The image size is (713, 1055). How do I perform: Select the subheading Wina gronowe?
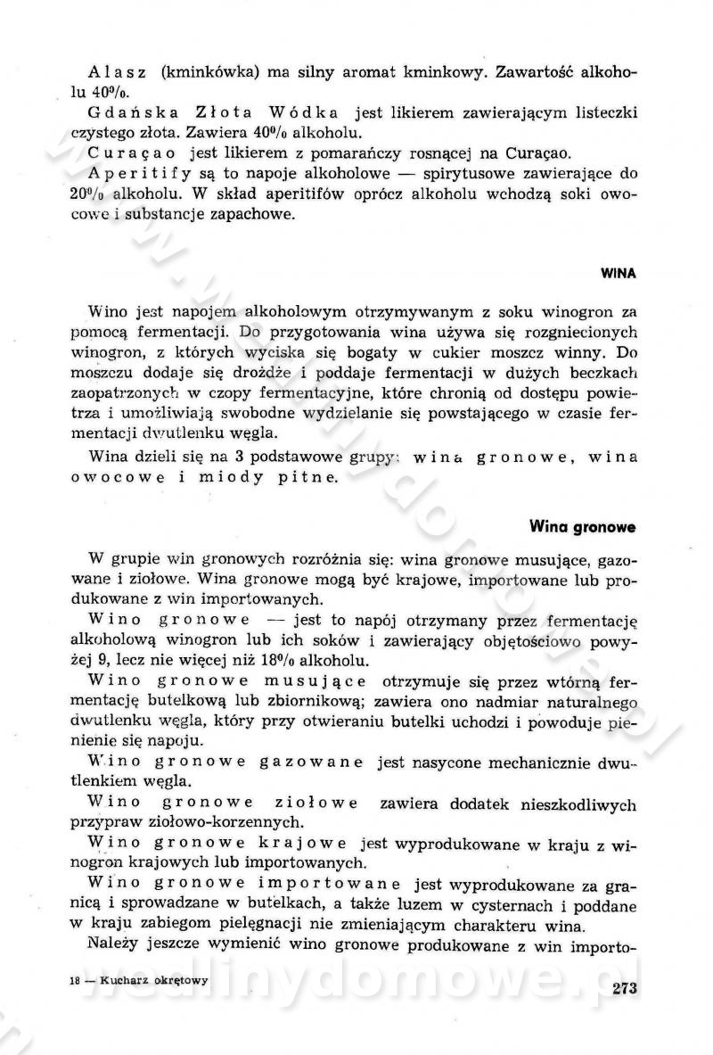point(583,527)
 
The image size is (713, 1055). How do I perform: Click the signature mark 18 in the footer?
point(76,980)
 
